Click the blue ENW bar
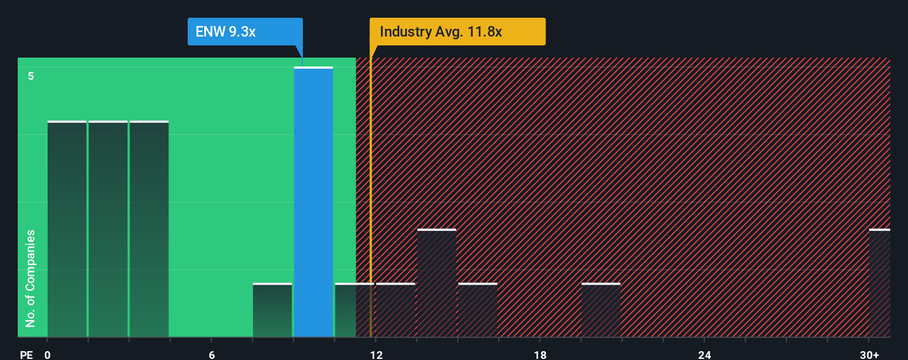tap(313, 202)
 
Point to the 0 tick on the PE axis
tap(48, 354)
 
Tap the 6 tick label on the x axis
tap(211, 354)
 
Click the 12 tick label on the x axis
tap(376, 354)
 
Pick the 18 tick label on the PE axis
tap(540, 354)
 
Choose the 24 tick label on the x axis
tap(704, 354)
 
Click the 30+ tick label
tap(869, 354)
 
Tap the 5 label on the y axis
tap(31, 76)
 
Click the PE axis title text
tap(26, 354)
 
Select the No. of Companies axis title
tap(30, 278)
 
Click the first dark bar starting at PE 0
tap(67, 229)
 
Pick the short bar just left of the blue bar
tap(272, 310)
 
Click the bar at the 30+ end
tap(879, 283)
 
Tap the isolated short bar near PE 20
tap(601, 310)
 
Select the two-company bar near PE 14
tap(437, 283)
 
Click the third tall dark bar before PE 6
tap(149, 229)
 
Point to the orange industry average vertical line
tap(370, 194)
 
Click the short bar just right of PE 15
tap(478, 310)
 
